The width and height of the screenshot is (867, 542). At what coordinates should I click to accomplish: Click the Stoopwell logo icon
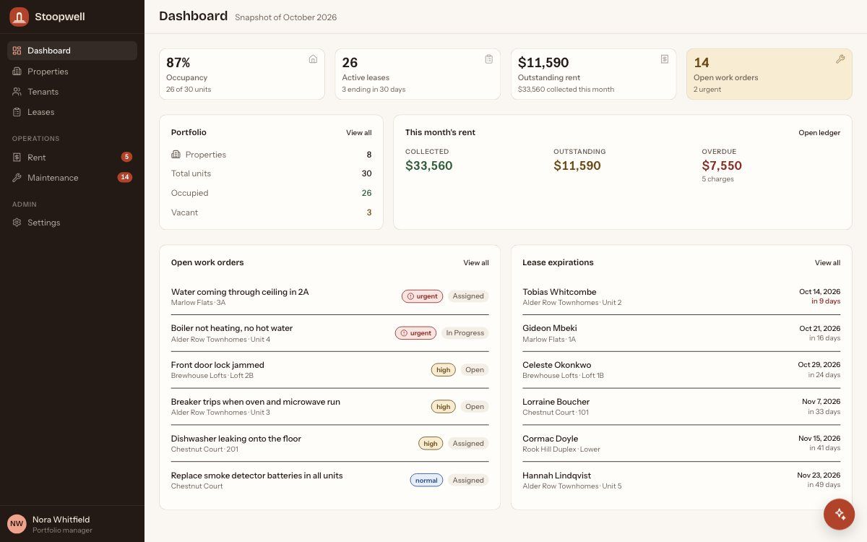tap(19, 17)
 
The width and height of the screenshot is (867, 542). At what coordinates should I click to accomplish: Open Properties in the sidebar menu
tap(48, 72)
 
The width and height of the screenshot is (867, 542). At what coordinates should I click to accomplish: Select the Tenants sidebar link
tap(43, 92)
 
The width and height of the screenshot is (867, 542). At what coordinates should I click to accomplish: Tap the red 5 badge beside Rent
tap(126, 157)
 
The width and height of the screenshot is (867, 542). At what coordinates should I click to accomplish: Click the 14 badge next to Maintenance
tap(124, 177)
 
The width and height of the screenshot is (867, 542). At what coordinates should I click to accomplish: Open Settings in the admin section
tap(44, 223)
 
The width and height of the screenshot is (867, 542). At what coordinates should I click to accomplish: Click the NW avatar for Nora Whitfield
tap(17, 524)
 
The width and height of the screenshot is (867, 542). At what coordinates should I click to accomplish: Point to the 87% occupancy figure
tap(178, 62)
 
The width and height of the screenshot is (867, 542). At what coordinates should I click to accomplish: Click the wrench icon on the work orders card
tap(840, 59)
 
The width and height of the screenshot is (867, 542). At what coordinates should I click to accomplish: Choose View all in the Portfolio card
tap(359, 133)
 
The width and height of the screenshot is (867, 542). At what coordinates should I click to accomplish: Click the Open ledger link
tap(819, 133)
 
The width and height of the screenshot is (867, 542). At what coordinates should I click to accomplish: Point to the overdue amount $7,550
tap(722, 165)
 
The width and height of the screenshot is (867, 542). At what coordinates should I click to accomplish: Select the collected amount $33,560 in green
tap(429, 165)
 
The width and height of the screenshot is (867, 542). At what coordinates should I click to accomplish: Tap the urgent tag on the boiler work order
tap(415, 333)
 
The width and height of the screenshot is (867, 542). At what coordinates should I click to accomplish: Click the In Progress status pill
tap(465, 333)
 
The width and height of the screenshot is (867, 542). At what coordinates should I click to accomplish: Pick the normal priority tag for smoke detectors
tap(426, 480)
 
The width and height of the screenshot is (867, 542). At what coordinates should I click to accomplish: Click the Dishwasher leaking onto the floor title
tap(236, 439)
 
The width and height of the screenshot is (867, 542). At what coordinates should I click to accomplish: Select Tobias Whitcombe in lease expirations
tap(559, 292)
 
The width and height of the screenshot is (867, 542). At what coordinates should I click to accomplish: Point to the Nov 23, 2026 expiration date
tap(819, 475)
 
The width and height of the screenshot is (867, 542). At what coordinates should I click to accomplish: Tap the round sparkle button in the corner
tap(839, 514)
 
